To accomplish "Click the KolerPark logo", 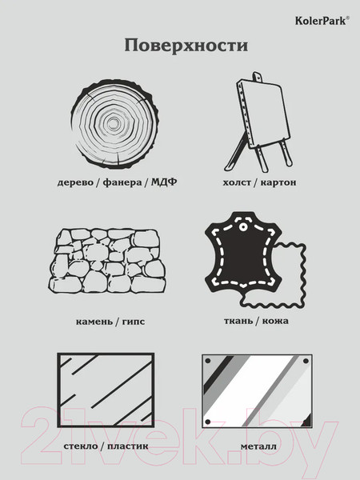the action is tap(322, 21).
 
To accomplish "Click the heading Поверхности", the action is tap(186, 46).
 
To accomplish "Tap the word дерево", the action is tap(75, 182).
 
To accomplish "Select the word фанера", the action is tap(122, 182).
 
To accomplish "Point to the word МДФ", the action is tap(164, 182).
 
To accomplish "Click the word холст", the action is tap(237, 182).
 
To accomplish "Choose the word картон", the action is tap(278, 182).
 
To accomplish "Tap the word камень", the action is tap(94, 322).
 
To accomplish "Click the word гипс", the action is tap(134, 322).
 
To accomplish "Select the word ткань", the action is tap(238, 321).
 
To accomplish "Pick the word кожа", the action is tap(275, 321).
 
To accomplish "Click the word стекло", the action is tap(81, 446).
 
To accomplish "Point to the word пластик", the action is tap(128, 446).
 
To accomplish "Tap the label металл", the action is tap(258, 446).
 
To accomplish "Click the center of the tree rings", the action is tap(114, 124).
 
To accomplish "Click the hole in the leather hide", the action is tap(242, 227).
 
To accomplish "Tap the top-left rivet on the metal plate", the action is tap(207, 361).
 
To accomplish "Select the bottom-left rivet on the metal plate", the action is tap(207, 422).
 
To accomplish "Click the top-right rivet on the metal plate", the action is tap(306, 361).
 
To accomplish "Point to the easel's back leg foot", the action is tap(228, 168).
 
